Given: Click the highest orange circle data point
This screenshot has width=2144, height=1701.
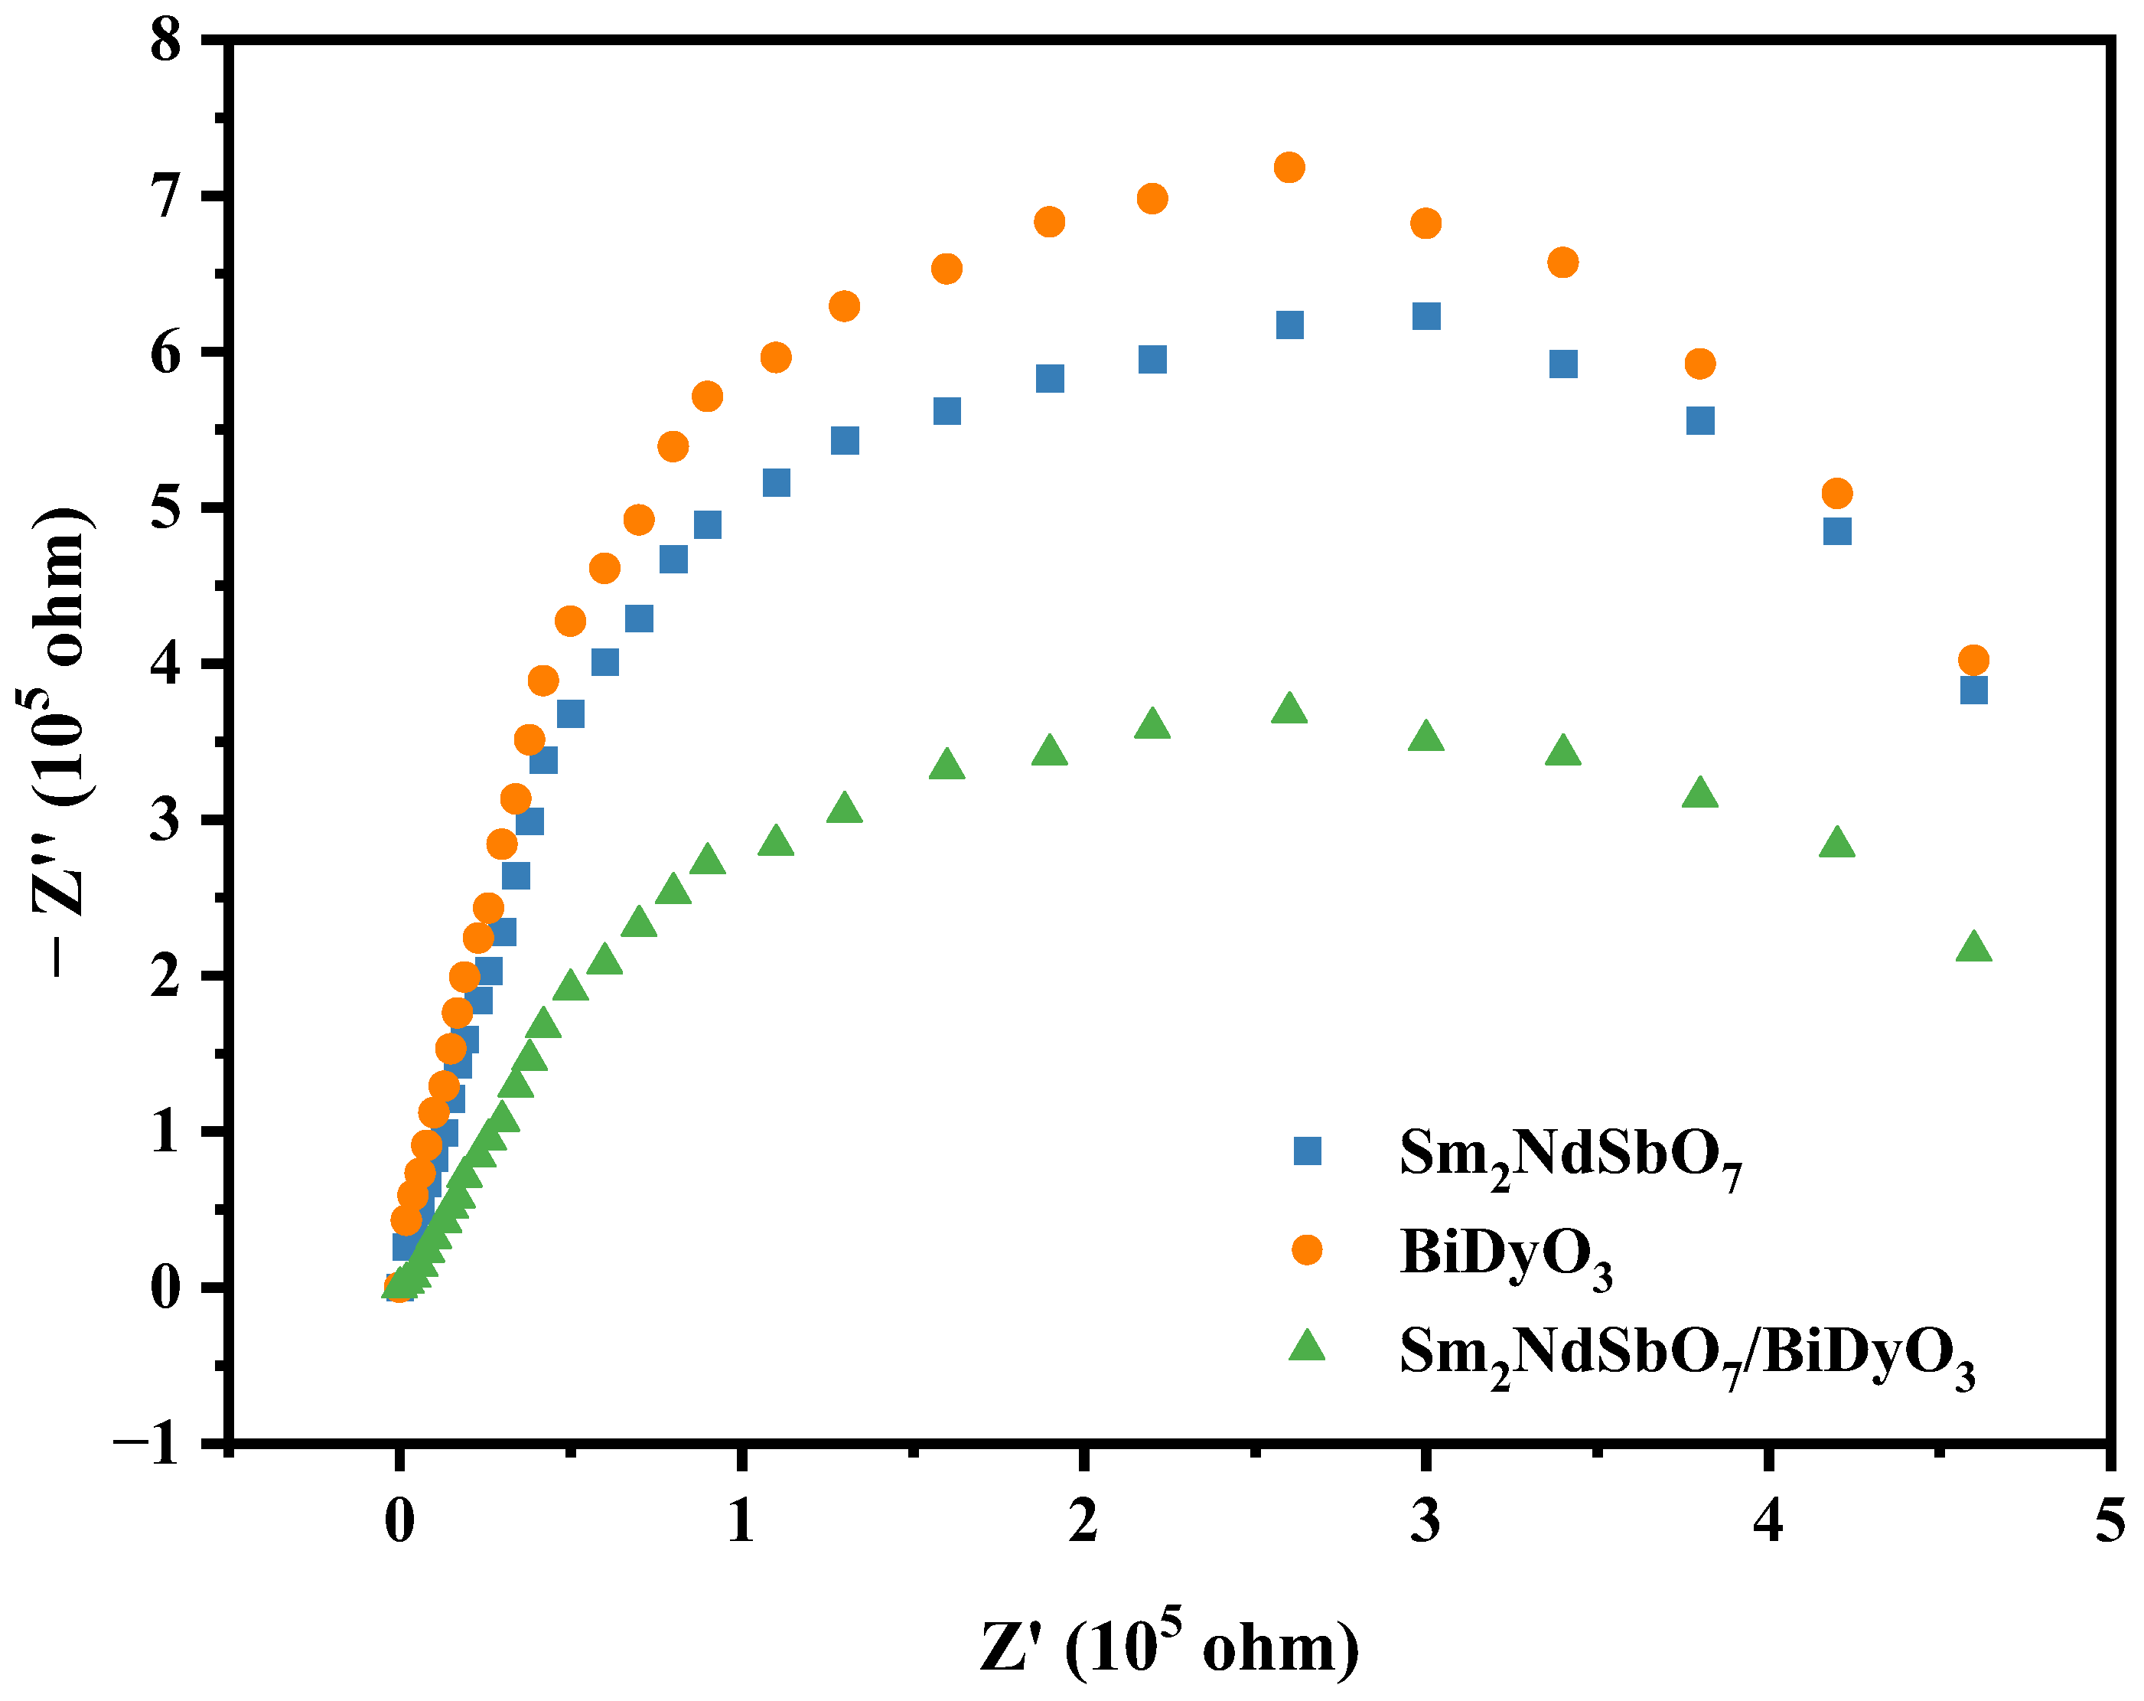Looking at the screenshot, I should click(1289, 167).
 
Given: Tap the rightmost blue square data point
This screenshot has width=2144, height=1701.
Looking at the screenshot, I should click(1973, 689).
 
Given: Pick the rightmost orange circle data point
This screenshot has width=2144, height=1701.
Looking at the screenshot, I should click(1973, 660).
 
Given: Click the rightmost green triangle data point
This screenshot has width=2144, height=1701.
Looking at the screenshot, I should click(1973, 947).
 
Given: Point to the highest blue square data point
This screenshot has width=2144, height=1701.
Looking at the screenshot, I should click(1426, 316).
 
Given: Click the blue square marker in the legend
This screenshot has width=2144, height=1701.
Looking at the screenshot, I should click(1307, 1151).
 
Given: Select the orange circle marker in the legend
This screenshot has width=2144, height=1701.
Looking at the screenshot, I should click(1307, 1250).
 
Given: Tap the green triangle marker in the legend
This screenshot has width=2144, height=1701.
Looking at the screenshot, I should click(1307, 1347).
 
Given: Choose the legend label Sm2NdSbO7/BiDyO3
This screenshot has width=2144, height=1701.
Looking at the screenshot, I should click(1686, 1355).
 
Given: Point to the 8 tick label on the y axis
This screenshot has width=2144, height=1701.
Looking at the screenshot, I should click(166, 42).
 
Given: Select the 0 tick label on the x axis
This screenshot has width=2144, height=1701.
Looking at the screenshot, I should click(399, 1523).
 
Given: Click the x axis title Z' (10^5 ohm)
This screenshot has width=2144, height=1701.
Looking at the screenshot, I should click(1169, 1647).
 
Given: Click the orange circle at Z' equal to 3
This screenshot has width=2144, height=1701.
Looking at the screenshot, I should click(1426, 223).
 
